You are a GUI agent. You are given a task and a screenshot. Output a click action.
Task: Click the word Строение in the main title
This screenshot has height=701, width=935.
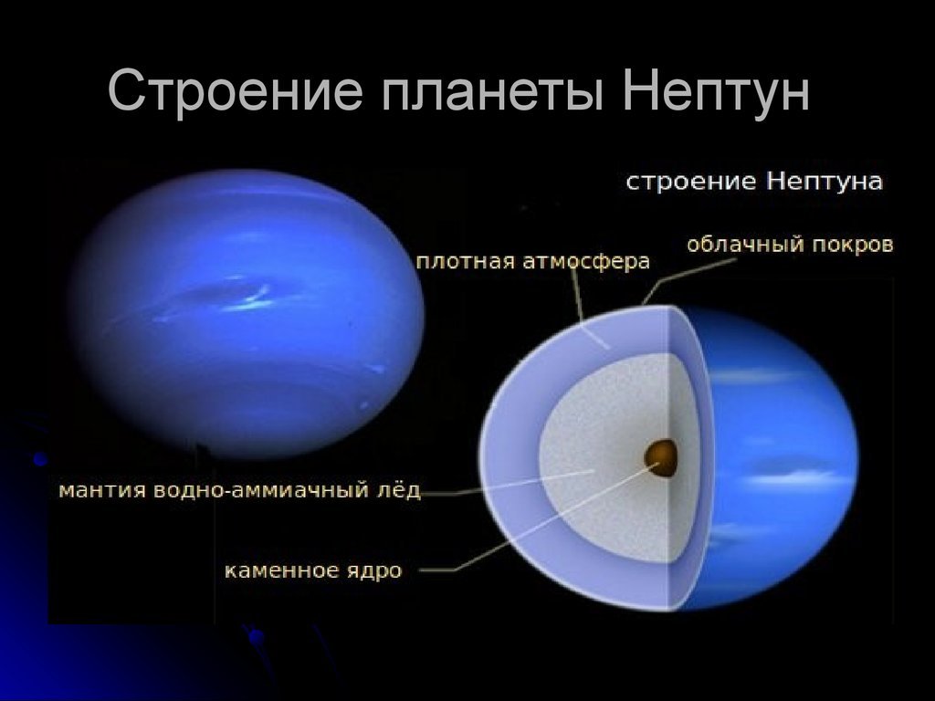(236, 89)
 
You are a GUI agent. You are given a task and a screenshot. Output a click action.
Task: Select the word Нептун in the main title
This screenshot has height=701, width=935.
(716, 89)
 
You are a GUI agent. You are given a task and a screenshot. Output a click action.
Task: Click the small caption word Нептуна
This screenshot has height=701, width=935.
(825, 182)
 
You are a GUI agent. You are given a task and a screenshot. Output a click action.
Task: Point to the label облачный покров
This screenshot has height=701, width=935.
(790, 245)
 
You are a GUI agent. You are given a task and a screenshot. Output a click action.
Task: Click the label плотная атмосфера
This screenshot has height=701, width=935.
(532, 262)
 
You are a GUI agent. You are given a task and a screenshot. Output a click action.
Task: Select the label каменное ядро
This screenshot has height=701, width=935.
(313, 570)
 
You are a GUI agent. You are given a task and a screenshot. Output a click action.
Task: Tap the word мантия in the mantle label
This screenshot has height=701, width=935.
(102, 490)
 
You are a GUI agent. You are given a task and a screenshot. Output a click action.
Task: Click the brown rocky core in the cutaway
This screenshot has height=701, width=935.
(661, 458)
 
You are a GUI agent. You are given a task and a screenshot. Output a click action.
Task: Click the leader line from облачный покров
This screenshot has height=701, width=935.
(679, 280)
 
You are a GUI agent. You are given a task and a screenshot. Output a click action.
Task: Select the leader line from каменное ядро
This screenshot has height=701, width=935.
(537, 519)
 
